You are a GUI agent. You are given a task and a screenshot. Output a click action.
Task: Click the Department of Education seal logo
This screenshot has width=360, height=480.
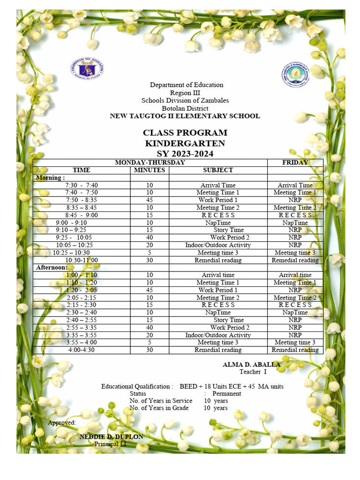coord(86,70)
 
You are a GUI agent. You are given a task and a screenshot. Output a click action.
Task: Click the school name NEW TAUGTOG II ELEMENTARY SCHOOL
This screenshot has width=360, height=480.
coord(185,116)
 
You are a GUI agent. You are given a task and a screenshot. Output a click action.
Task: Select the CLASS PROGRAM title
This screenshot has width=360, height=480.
coord(185,133)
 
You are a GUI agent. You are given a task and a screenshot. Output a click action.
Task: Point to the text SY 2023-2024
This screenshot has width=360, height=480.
coord(185,154)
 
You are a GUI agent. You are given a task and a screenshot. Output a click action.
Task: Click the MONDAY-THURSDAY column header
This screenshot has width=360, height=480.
coord(150,163)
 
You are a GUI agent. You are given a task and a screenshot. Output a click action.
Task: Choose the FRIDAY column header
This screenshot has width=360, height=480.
coord(295,163)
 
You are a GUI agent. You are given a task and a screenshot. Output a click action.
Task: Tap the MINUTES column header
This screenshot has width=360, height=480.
coord(150,170)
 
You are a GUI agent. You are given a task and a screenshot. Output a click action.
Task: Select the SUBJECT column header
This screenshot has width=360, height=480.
coord(217,170)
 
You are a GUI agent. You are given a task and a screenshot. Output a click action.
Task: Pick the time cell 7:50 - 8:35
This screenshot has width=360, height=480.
coord(82,200)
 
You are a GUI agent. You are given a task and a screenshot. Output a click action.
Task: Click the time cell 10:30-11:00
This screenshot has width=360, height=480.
coord(82,260)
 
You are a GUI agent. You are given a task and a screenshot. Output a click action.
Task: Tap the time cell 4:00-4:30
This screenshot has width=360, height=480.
coord(82,350)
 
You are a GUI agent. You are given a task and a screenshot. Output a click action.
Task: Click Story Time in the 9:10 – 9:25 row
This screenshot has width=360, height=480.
coord(229,230)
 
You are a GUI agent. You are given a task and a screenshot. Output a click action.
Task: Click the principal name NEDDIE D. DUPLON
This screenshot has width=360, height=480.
coord(112,437)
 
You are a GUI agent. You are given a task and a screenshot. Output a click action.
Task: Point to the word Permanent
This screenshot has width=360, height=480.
coord(227,394)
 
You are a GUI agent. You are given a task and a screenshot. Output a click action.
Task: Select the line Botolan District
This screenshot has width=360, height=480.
coord(185,108)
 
